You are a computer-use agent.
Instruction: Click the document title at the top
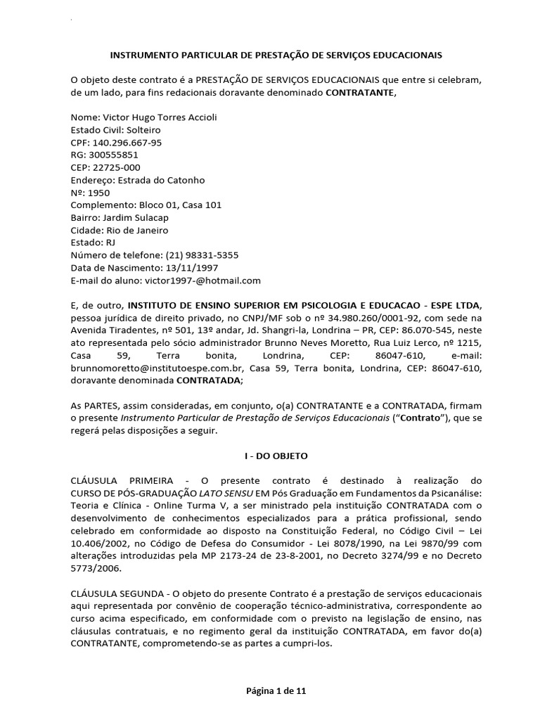click(276, 54)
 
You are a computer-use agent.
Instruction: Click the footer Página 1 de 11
click(270, 691)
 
